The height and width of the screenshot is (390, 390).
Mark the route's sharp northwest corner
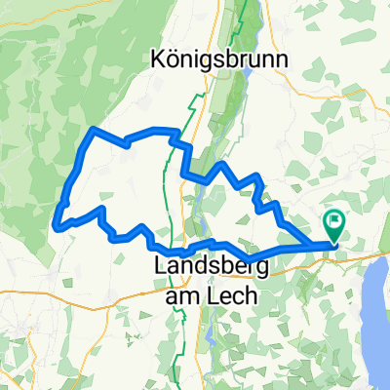92,129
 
